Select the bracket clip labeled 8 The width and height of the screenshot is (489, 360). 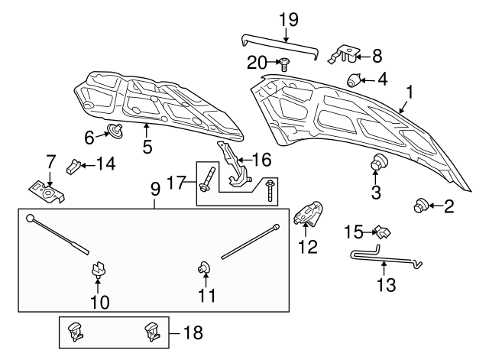coord(347,54)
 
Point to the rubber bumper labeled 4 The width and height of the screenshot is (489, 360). coord(355,79)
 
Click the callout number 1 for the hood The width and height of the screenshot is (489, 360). coord(410,92)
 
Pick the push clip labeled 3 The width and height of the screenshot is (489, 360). coord(377,164)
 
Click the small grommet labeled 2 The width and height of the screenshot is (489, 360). coord(419,204)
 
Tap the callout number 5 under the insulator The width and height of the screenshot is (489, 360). coord(147,145)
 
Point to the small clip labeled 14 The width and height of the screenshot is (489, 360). coord(76,164)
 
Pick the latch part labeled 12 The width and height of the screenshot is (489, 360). coord(309,215)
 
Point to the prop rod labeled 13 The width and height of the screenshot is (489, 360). coord(382,260)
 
